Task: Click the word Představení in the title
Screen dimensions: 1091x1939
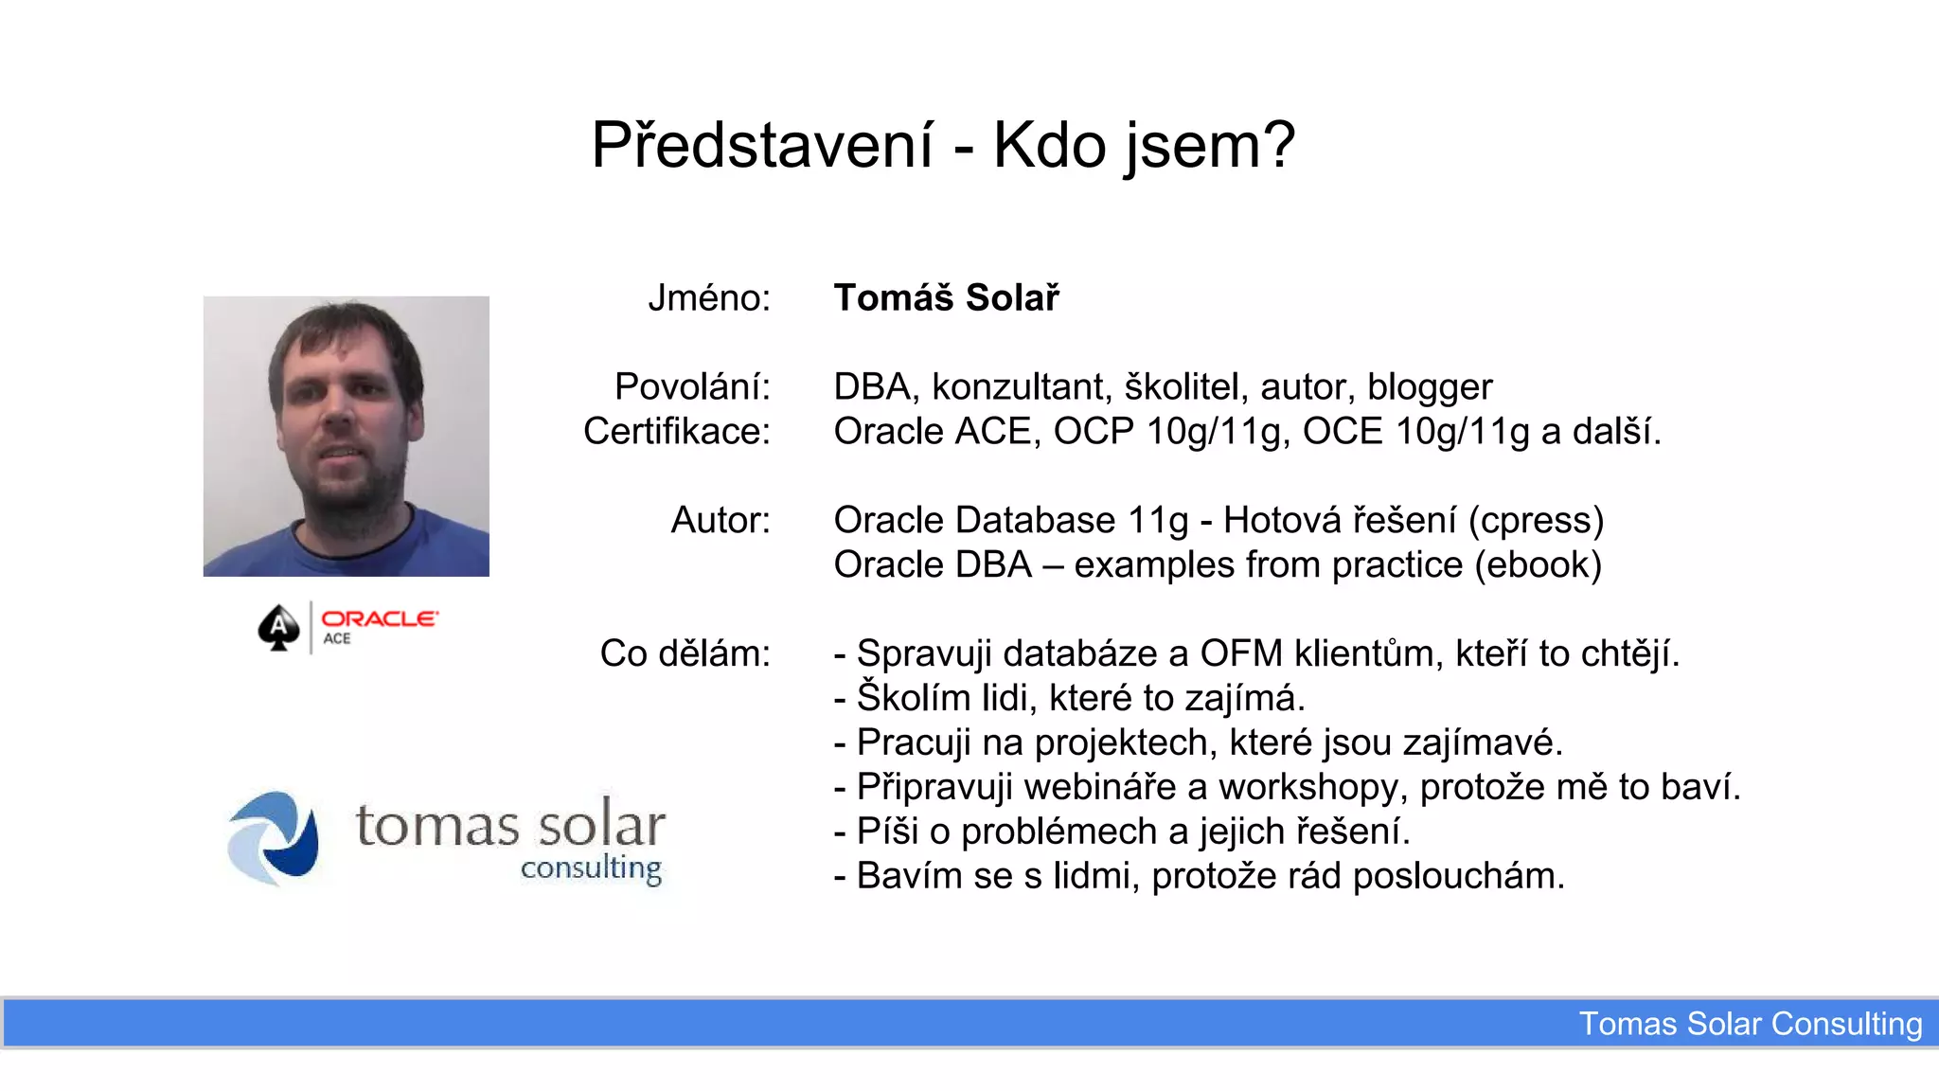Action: [x=762, y=146]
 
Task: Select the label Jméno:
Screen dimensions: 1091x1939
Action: [x=709, y=298]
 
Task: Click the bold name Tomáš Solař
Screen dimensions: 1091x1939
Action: [x=946, y=298]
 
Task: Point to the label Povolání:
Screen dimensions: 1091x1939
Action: [x=692, y=386]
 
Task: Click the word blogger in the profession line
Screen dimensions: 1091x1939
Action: [x=1430, y=387]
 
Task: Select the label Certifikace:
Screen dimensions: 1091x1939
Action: [x=676, y=431]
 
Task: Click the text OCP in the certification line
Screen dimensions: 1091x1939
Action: [x=1094, y=432]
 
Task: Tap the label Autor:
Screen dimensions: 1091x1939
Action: [x=720, y=520]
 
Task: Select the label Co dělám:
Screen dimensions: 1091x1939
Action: [x=685, y=653]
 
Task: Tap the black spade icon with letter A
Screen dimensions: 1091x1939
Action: [x=278, y=627]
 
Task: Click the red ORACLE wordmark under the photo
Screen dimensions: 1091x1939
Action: [x=379, y=618]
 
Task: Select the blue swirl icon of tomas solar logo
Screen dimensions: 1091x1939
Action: [x=274, y=838]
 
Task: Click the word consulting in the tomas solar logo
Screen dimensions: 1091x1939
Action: [x=591, y=868]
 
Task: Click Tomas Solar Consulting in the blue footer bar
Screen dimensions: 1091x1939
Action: [x=1750, y=1024]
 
